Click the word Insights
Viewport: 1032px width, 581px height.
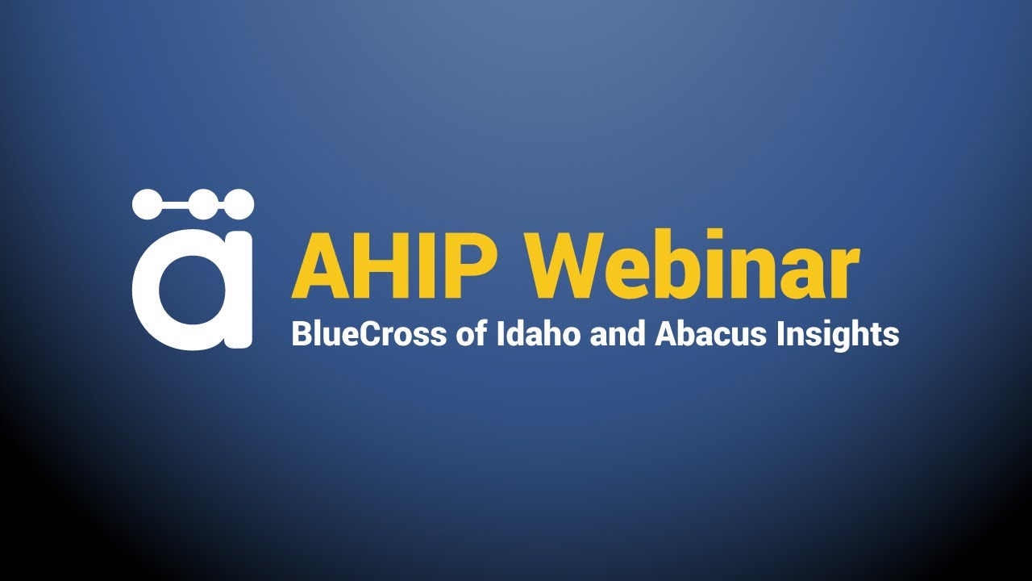[838, 333]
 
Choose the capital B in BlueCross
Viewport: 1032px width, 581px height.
[301, 333]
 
